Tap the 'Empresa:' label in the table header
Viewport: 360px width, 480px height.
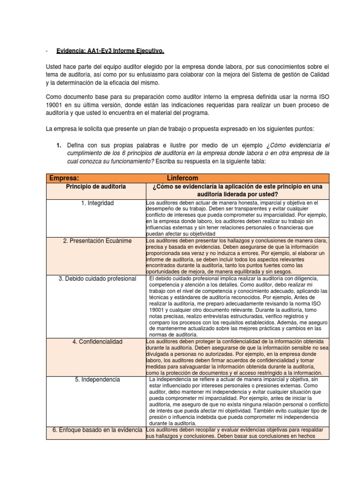(64, 178)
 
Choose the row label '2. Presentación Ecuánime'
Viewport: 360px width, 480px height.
(97, 240)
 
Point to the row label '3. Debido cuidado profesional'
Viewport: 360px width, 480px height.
(97, 279)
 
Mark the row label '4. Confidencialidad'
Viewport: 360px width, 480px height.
(97, 341)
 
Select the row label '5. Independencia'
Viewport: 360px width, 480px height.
(97, 379)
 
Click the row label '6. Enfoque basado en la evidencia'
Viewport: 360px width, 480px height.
(97, 430)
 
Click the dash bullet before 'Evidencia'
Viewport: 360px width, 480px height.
(47, 51)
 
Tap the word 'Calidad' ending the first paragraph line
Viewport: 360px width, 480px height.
(319, 75)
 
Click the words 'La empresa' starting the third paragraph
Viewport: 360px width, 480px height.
(61, 128)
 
